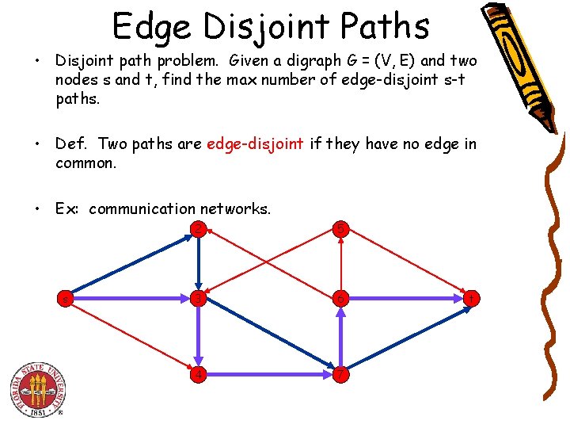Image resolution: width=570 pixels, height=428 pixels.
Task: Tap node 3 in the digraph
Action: tap(199, 299)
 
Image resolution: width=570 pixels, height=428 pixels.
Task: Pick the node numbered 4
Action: tap(199, 373)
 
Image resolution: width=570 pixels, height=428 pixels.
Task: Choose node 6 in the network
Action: tap(340, 299)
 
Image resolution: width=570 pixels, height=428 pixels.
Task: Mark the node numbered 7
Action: tap(340, 373)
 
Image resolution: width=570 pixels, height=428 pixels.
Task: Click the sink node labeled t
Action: tap(472, 299)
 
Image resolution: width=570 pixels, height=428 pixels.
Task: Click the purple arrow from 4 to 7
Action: tap(269, 373)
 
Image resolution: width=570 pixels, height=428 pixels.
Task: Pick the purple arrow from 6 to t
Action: tap(405, 299)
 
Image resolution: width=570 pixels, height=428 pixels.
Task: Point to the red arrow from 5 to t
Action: tap(405, 265)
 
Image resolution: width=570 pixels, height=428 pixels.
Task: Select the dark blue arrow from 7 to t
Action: tap(405, 336)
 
